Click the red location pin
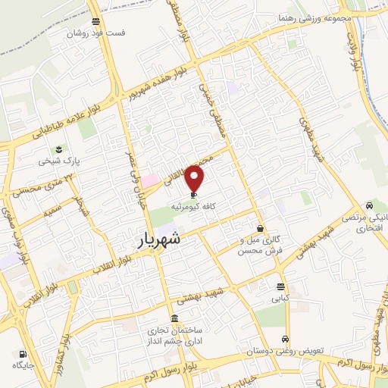pos(196,180)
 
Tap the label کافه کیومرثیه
pos(195,205)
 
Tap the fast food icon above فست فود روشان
pos(95,22)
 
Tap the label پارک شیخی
pos(61,161)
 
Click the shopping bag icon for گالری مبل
pos(260,228)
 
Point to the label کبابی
pos(281,299)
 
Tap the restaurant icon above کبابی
pos(281,286)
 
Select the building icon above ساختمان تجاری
pos(175,318)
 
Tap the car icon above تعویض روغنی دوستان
pos(284,339)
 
